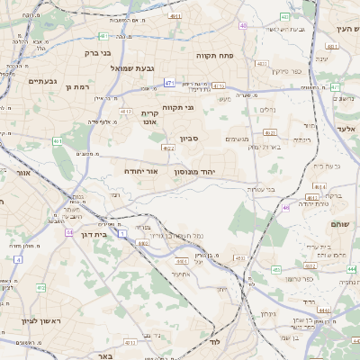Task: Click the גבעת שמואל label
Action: tap(136, 68)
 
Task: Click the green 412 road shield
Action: tap(40, 287)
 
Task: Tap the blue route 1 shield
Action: tap(121, 232)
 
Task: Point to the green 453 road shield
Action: tap(239, 258)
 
